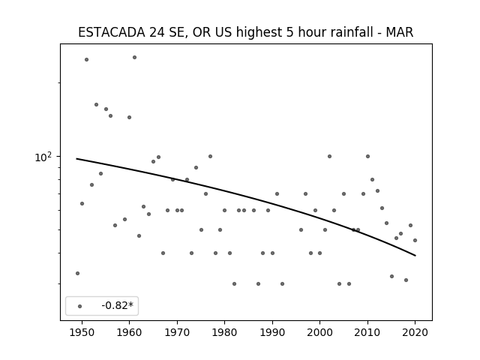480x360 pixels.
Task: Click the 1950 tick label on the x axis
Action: pyautogui.click(x=82, y=332)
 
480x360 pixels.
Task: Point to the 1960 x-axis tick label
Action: pyautogui.click(x=129, y=332)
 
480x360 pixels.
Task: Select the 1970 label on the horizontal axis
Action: pyautogui.click(x=177, y=332)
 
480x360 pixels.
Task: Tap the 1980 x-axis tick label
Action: pyautogui.click(x=224, y=332)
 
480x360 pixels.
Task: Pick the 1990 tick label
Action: pyautogui.click(x=272, y=332)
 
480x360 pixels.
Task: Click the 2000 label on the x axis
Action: pyautogui.click(x=320, y=332)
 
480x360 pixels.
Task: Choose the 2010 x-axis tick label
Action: pyautogui.click(x=367, y=332)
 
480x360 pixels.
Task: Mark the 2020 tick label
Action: pyautogui.click(x=415, y=332)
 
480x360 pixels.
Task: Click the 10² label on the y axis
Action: pyautogui.click(x=43, y=157)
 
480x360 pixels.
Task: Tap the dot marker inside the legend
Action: pyautogui.click(x=80, y=306)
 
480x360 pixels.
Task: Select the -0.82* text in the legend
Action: pyautogui.click(x=118, y=305)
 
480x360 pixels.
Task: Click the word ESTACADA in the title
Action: pyautogui.click(x=112, y=32)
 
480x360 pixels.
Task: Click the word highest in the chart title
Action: pyautogui.click(x=259, y=32)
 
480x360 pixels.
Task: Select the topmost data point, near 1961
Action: pyautogui.click(x=134, y=58)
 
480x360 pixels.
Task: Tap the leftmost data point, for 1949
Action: pyautogui.click(x=77, y=273)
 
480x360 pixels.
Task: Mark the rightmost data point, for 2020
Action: pyautogui.click(x=415, y=240)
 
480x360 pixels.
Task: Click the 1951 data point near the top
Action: pyautogui.click(x=87, y=60)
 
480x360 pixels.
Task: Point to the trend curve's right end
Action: pyautogui.click(x=415, y=255)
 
